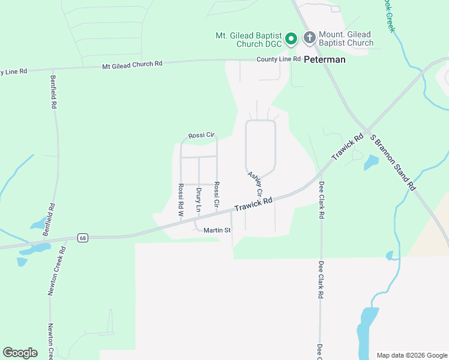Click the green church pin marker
pyautogui.click(x=291, y=39)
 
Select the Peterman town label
pyautogui.click(x=324, y=59)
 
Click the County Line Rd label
pyautogui.click(x=278, y=59)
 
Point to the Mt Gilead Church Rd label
pyautogui.click(x=132, y=64)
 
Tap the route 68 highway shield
pyautogui.click(x=82, y=238)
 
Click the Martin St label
pyautogui.click(x=217, y=230)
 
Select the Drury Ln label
pyautogui.click(x=199, y=200)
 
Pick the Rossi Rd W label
pyautogui.click(x=181, y=200)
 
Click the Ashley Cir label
pyautogui.click(x=256, y=184)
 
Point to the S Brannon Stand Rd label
pyautogui.click(x=393, y=162)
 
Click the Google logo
pyautogui.click(x=20, y=353)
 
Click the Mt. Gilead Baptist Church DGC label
pyautogui.click(x=248, y=40)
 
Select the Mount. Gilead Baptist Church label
pyautogui.click(x=345, y=39)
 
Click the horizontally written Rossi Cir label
pyautogui.click(x=201, y=136)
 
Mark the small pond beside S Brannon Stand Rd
pyautogui.click(x=371, y=162)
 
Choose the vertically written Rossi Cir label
pyautogui.click(x=217, y=196)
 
